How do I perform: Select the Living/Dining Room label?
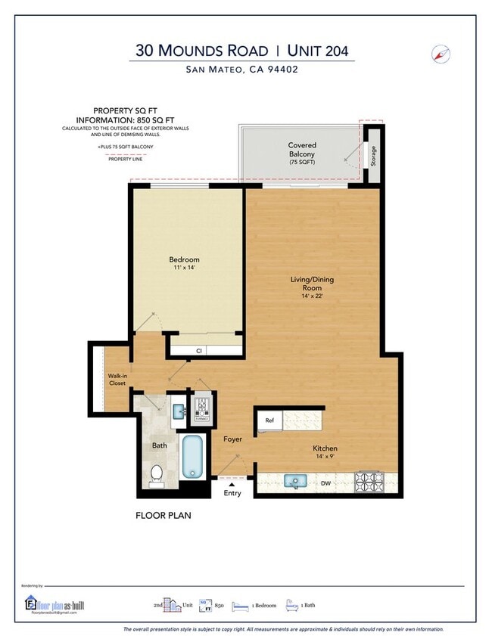pos(312,284)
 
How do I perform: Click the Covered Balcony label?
pos(302,150)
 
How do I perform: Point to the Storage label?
pos(372,154)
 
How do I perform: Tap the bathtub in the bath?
pos(193,456)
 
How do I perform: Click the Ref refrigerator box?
pos(269,420)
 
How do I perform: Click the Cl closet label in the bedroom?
pos(199,350)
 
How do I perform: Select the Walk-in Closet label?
pos(117,380)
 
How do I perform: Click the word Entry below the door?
pos(232,494)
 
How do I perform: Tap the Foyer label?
pos(232,439)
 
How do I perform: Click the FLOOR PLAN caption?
pos(163,516)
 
